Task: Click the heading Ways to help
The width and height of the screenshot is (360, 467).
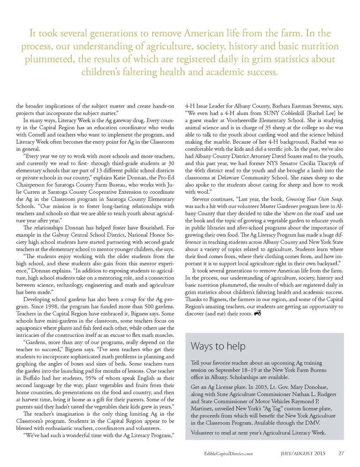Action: pos(218,346)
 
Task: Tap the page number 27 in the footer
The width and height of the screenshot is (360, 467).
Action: pos(341,453)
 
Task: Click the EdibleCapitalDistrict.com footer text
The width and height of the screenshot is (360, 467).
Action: pos(228,454)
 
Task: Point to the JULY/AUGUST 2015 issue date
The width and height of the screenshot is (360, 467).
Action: pos(303,453)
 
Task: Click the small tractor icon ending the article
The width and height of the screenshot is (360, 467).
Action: pos(257,313)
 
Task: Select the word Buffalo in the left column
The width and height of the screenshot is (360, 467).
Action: pos(32,378)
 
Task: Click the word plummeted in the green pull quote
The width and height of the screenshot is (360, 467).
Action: pos(49,59)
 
